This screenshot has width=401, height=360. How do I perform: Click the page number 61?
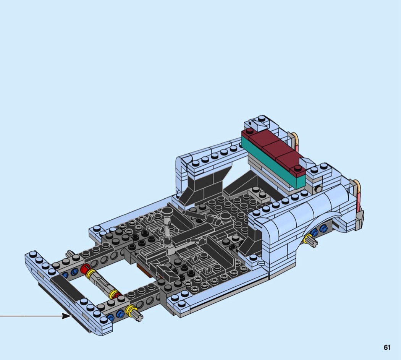(387, 347)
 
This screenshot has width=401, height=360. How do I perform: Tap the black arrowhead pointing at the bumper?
(67, 316)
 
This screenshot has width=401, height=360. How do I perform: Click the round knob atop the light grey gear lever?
(167, 211)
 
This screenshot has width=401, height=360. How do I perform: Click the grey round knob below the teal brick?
(319, 189)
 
